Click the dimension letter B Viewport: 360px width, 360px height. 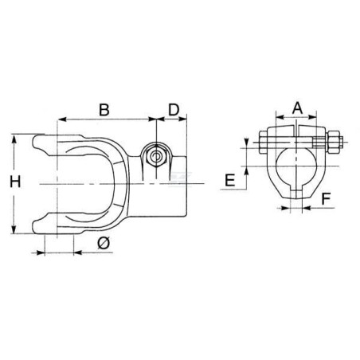coord(104,110)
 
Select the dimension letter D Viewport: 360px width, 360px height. coord(174,110)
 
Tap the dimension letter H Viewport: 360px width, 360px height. coord(15,182)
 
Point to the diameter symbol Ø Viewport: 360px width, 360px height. coord(104,243)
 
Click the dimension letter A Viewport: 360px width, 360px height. coord(297,108)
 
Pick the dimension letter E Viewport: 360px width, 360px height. coord(230,180)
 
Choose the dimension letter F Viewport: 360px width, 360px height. coord(326,199)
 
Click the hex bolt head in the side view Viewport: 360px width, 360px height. coord(156,157)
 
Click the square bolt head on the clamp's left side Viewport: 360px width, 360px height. coord(263,143)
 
